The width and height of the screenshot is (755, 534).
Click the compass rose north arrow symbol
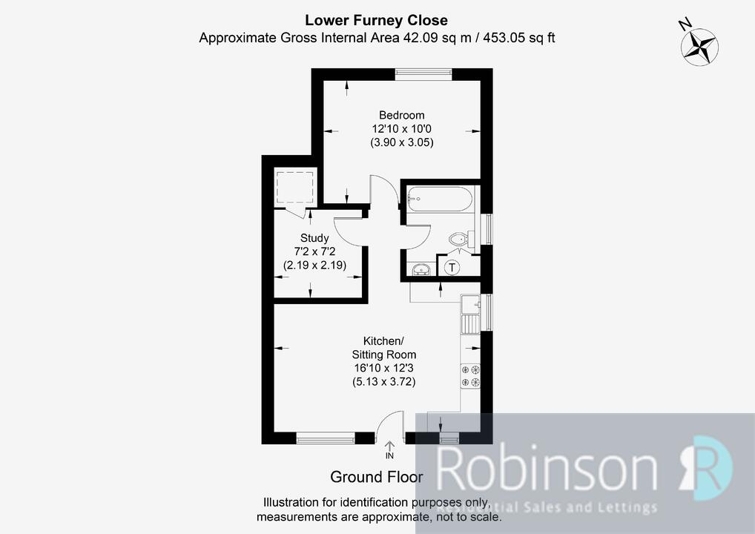pos(699,47)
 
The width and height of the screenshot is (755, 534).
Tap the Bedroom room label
pos(401,115)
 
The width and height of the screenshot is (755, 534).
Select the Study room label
pos(314,238)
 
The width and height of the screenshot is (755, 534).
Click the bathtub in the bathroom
pos(438,198)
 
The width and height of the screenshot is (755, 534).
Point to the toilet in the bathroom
pos(462,239)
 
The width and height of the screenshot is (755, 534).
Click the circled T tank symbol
pos(452,267)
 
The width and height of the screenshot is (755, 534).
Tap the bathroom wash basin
pos(421,268)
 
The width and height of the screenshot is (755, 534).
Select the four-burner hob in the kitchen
pos(471,376)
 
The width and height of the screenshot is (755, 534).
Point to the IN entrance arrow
pos(389,449)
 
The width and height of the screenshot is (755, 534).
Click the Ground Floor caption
pos(377,477)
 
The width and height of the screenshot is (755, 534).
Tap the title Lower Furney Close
pos(377,20)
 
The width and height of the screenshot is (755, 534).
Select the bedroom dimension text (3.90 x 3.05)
pos(401,142)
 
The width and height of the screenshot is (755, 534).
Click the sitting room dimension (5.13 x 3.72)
pos(383,382)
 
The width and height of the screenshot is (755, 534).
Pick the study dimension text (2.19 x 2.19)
pos(314,265)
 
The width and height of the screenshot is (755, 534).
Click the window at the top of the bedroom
pos(423,73)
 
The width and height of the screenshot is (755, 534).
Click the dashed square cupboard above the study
pos(295,188)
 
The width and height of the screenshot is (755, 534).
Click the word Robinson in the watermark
pos(547,467)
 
